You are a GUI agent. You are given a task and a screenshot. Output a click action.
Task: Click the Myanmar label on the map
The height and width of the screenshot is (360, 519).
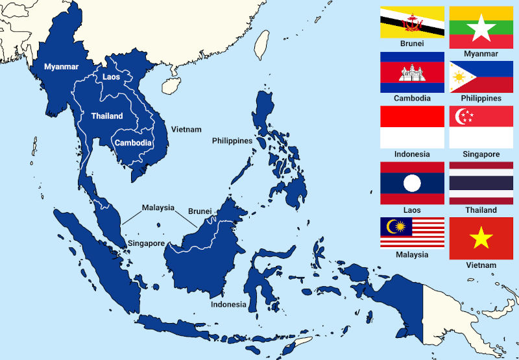point(61,66)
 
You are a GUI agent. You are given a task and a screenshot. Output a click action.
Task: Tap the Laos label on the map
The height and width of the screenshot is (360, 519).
point(111,77)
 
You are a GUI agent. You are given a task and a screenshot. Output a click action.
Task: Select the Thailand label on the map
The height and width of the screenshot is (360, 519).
point(107,116)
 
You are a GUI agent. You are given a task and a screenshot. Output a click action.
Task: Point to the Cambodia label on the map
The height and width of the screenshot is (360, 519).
point(133,143)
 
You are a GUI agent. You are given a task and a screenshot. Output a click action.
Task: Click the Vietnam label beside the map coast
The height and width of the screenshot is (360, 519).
point(186,130)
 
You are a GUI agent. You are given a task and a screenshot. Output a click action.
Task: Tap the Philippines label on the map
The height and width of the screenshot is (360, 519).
point(232,141)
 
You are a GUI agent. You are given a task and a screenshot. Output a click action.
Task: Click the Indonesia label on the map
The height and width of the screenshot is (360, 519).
point(228,304)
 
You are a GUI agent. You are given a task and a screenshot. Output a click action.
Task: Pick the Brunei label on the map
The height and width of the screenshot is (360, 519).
point(200,211)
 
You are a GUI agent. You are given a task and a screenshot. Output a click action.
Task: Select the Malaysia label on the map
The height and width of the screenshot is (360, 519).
point(158,208)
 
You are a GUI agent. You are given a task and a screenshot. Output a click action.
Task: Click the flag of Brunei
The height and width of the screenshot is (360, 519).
point(412,22)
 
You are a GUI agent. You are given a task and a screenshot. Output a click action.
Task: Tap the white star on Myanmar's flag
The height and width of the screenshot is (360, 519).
point(481,27)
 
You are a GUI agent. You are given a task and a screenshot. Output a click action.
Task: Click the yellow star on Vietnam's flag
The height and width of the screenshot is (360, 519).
point(481,239)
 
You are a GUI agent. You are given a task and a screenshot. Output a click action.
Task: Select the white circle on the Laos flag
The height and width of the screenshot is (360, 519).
point(412,184)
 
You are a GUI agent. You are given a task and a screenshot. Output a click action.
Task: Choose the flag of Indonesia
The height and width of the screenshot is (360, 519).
point(412,127)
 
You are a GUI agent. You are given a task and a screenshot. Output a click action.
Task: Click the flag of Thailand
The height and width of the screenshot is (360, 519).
point(481,183)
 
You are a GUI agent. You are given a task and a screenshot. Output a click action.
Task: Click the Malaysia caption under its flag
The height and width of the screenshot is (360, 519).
point(412,255)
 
